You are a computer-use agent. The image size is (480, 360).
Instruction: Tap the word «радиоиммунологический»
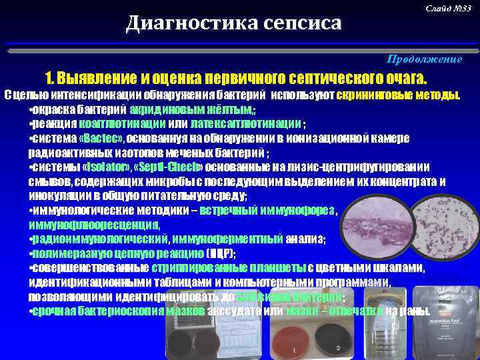tap(99, 239)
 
